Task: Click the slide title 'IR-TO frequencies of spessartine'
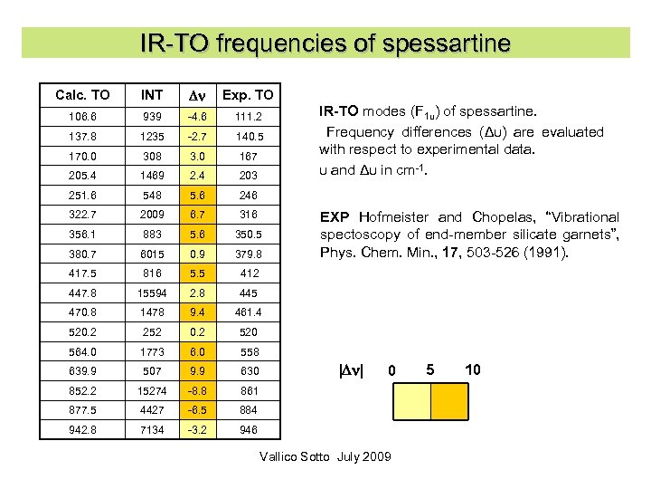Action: (325, 43)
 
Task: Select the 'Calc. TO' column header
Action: (82, 94)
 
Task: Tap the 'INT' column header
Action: (152, 94)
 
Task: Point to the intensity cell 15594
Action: (152, 292)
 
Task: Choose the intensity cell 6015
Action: (152, 254)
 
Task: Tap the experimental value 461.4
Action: (248, 312)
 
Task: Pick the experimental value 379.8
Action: (248, 254)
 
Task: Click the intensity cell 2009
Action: (152, 215)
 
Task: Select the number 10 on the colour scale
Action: (472, 369)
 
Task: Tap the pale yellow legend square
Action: (411, 405)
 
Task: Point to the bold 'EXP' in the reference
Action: (335, 217)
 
